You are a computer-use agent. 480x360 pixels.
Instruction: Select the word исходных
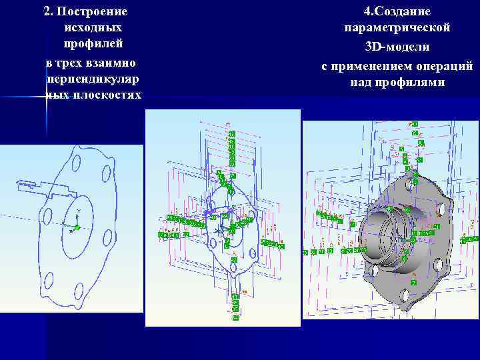(x=93, y=29)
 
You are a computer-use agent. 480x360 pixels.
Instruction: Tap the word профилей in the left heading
(x=93, y=45)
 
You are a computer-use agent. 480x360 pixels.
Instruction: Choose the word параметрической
(x=397, y=28)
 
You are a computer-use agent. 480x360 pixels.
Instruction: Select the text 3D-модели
(x=397, y=47)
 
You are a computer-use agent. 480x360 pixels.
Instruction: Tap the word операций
(x=445, y=66)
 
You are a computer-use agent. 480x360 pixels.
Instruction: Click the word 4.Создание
(x=397, y=12)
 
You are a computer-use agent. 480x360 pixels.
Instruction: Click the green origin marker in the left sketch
(x=77, y=227)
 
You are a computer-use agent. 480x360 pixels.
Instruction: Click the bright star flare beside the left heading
(x=47, y=97)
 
